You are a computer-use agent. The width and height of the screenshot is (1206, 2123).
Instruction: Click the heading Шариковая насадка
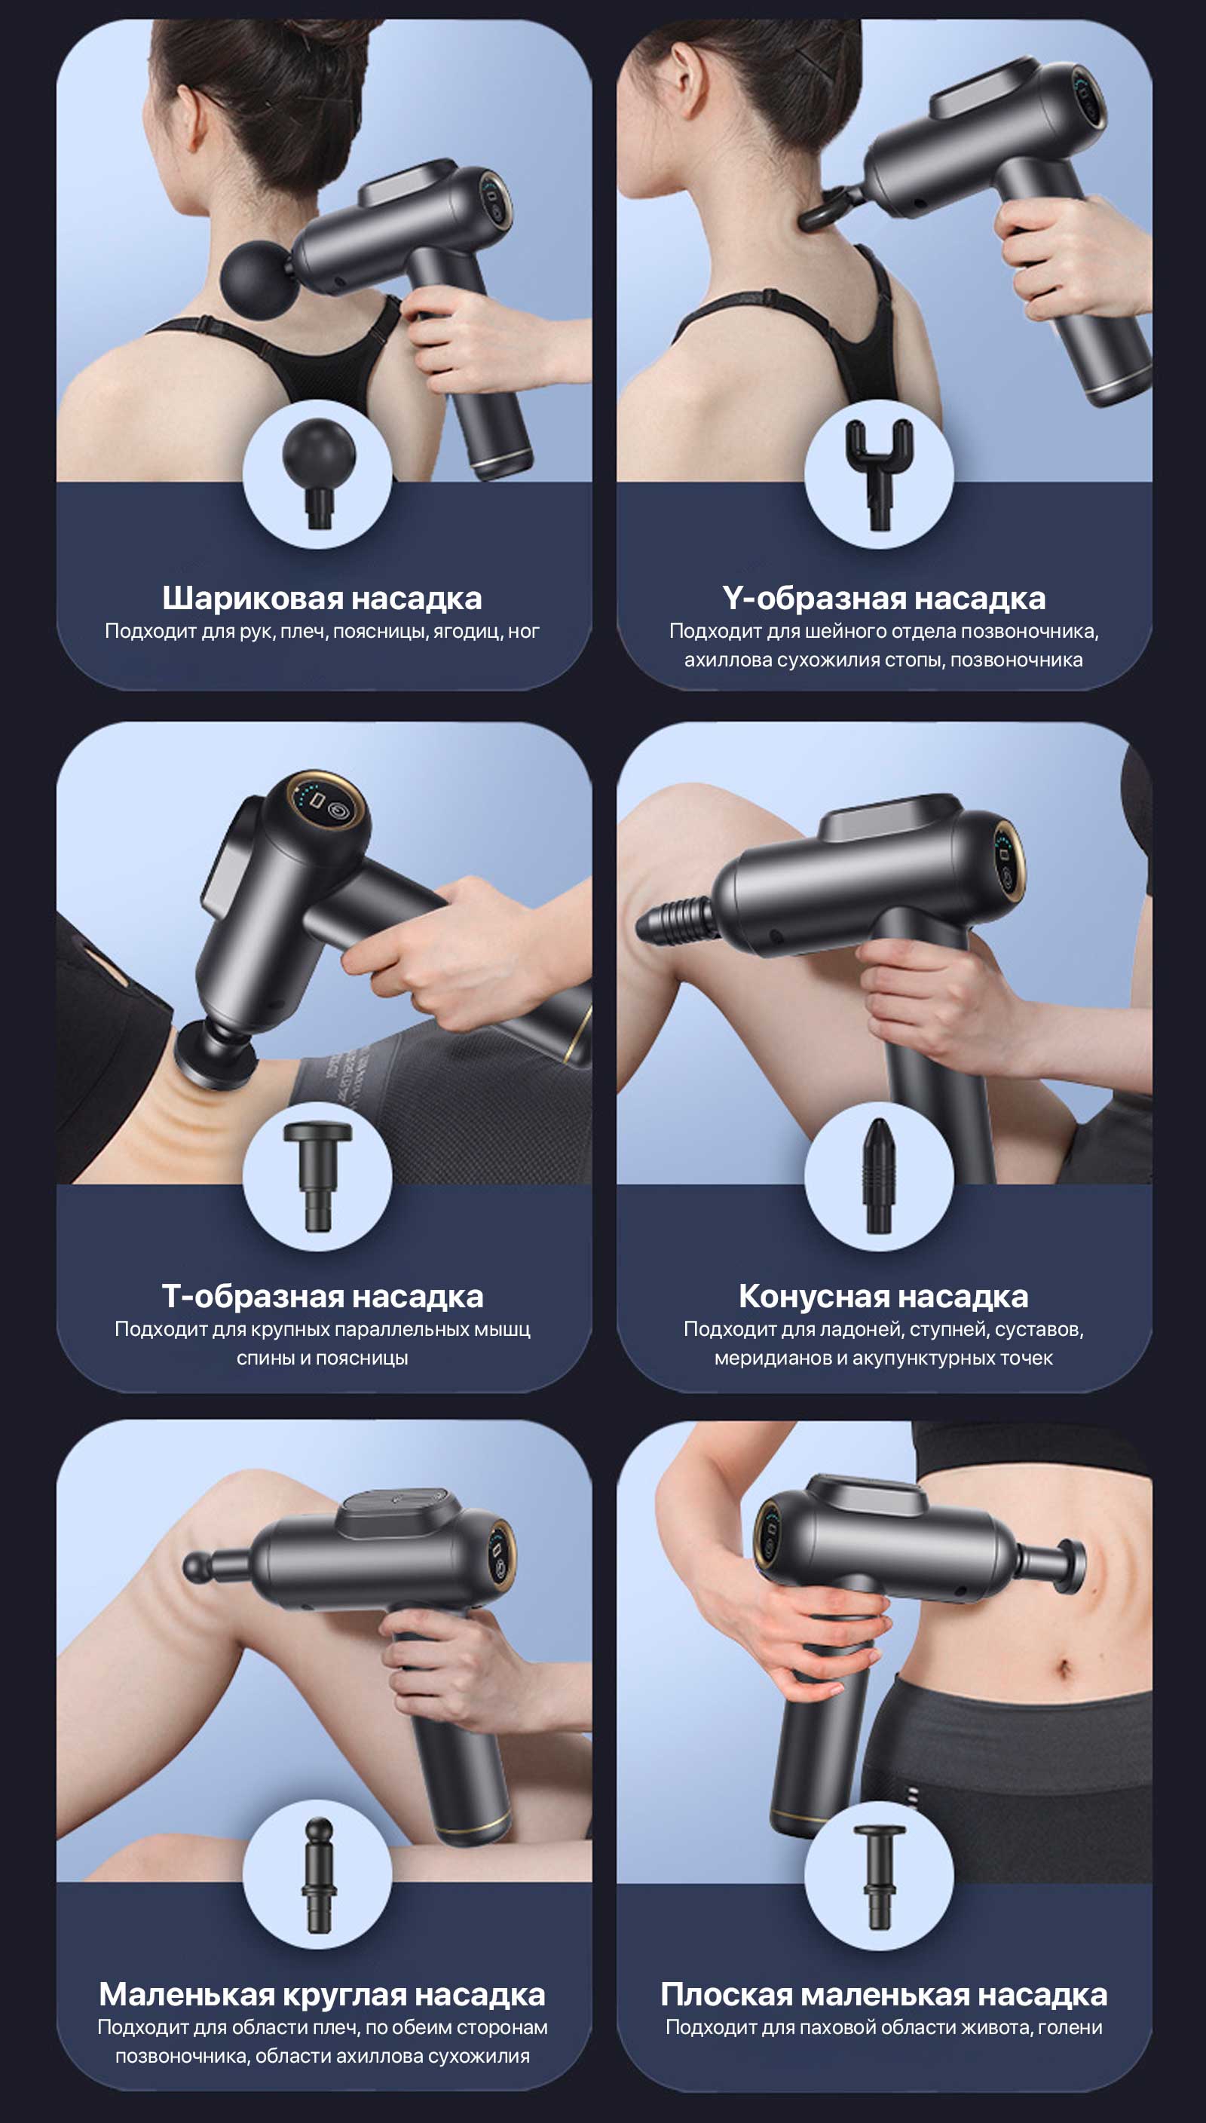321,598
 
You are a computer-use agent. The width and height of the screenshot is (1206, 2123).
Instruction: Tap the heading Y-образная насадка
884,598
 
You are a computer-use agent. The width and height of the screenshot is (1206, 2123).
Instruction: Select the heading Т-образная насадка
322,1296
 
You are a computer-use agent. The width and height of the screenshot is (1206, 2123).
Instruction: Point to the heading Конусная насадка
884,1296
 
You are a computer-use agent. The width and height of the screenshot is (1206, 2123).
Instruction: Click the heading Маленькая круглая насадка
322,1995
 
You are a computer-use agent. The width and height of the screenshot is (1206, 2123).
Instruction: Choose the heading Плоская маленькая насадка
884,1995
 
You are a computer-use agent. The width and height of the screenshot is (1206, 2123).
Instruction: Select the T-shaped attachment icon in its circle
318,1175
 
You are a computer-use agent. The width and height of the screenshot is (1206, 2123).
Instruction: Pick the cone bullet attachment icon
878,1175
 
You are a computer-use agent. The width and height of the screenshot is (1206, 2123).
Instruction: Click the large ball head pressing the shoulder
257,277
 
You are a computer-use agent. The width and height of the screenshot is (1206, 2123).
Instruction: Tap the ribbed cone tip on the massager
672,921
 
